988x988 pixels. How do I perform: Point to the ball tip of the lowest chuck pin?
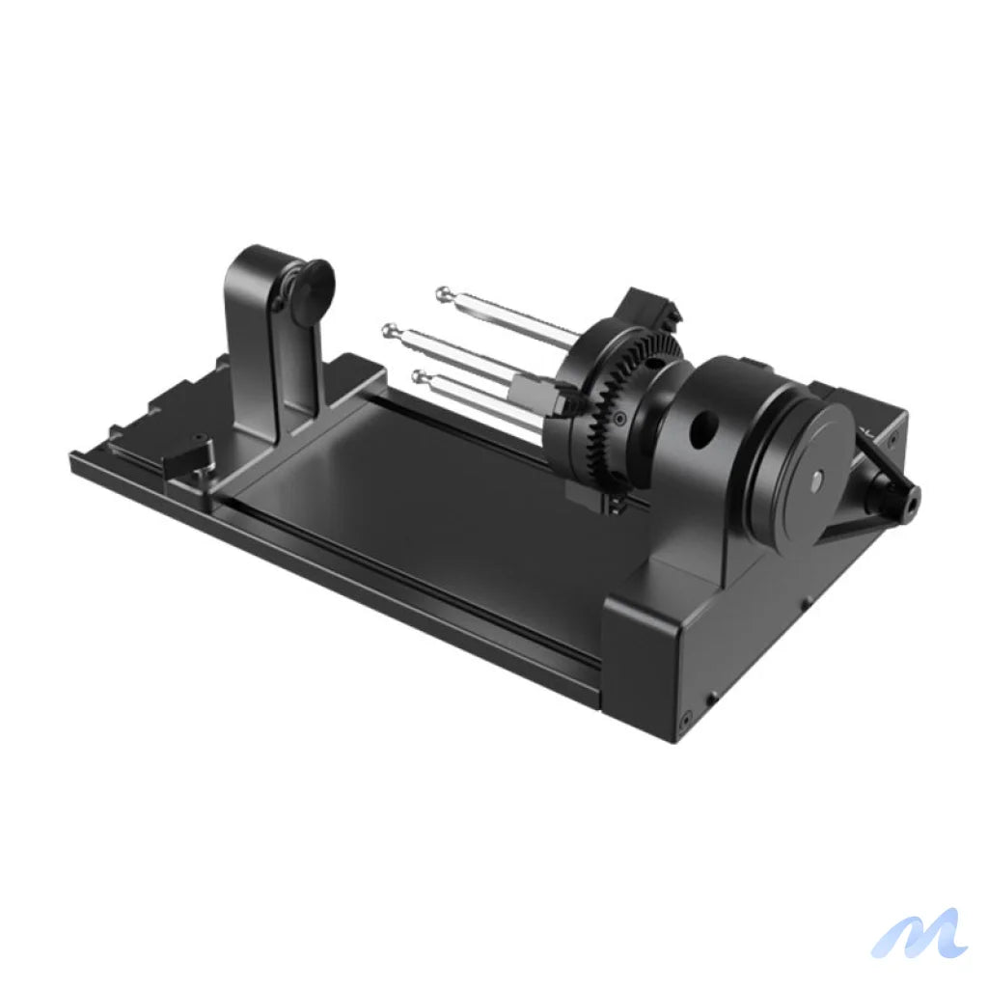pyautogui.click(x=419, y=375)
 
